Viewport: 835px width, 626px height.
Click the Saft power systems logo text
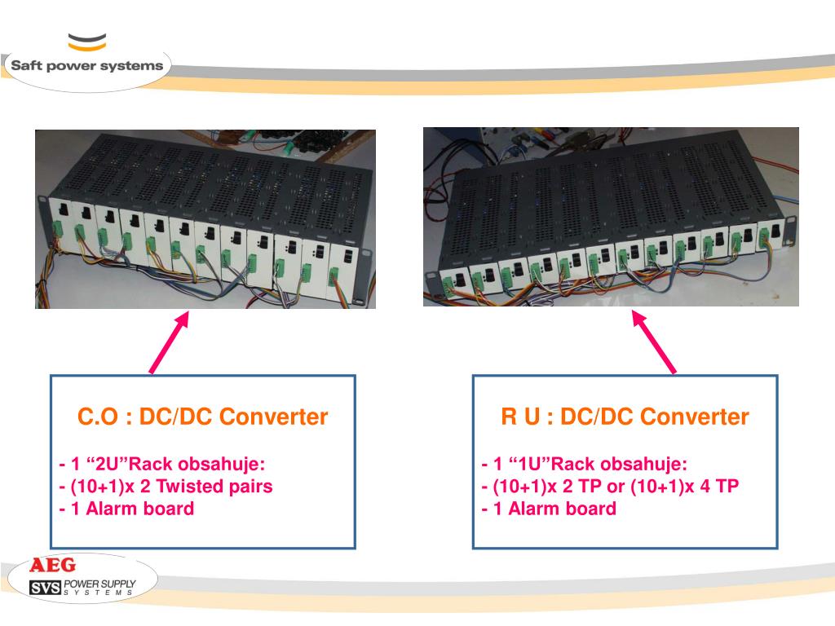[x=86, y=65]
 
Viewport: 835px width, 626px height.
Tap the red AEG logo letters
[x=53, y=565]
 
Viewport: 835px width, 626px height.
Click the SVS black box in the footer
[x=46, y=588]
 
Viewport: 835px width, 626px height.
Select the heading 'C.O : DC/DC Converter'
[x=202, y=417]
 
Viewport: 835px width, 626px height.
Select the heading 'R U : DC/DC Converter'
[x=625, y=417]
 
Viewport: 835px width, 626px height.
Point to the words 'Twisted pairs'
[x=214, y=486]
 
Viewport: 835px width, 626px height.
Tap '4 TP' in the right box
[x=718, y=486]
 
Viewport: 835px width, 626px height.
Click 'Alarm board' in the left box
[x=140, y=509]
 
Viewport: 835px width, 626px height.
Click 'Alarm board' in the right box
[x=563, y=509]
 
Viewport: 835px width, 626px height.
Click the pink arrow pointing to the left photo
[x=170, y=342]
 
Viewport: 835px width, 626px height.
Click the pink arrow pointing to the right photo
[x=654, y=342]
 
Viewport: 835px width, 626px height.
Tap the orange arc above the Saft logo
[x=87, y=46]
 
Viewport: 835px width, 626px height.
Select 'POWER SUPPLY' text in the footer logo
[x=99, y=584]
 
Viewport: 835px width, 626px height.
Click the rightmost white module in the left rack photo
[x=341, y=272]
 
